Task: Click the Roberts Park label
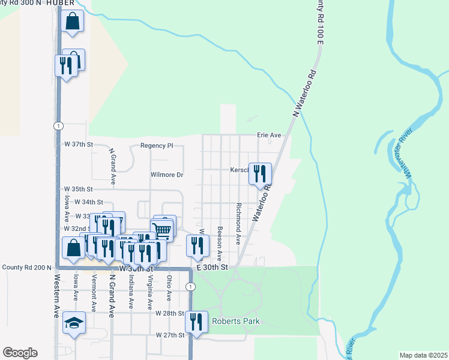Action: click(x=236, y=322)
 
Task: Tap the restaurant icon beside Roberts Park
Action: click(x=196, y=322)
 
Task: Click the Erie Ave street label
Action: click(x=269, y=136)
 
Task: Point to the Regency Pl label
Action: click(x=156, y=145)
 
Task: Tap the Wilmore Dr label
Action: click(x=166, y=175)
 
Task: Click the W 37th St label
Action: click(x=79, y=145)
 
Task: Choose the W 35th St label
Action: click(x=79, y=189)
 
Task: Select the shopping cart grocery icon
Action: click(x=161, y=229)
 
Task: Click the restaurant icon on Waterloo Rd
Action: click(x=260, y=174)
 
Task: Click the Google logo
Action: click(x=20, y=353)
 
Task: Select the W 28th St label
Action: click(x=169, y=314)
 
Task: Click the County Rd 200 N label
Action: click(x=26, y=267)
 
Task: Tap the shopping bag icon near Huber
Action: click(x=72, y=22)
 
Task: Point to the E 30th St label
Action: click(x=212, y=266)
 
